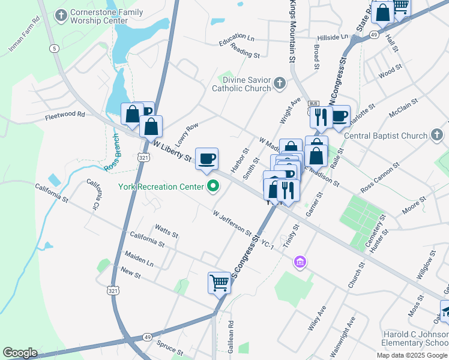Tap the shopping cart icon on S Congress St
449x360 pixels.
click(219, 282)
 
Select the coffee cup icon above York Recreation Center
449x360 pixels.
click(207, 158)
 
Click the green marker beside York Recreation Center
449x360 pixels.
click(212, 187)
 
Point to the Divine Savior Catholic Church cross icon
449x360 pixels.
click(279, 83)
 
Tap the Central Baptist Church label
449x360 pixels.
click(385, 136)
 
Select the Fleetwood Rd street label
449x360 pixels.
click(65, 114)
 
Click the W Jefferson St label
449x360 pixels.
click(233, 221)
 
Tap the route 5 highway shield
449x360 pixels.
click(55, 47)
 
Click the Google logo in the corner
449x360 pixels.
click(20, 352)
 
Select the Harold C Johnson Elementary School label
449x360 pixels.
click(415, 338)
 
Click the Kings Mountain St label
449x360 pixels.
click(292, 31)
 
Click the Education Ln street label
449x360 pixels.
click(237, 41)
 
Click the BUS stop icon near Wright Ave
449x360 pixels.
click(313, 103)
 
